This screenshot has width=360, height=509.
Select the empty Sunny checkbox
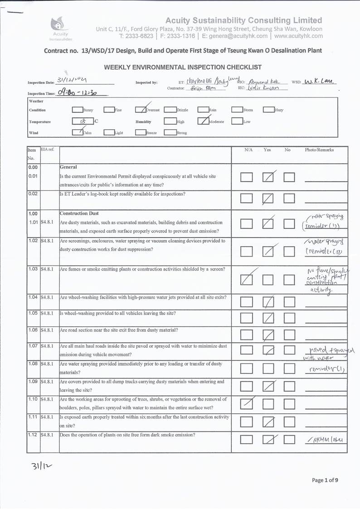pyautogui.click(x=77, y=110)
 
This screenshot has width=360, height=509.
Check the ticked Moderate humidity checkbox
pyautogui.click(x=203, y=121)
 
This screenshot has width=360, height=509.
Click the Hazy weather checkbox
pyautogui.click(x=268, y=110)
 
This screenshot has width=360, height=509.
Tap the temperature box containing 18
pyautogui.click(x=82, y=121)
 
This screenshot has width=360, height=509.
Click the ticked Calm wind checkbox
pyautogui.click(x=77, y=132)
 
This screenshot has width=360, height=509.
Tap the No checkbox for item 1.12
pyautogui.click(x=289, y=439)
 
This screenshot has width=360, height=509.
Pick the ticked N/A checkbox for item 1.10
pyautogui.click(x=246, y=403)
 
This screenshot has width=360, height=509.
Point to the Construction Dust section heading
pyautogui.click(x=79, y=213)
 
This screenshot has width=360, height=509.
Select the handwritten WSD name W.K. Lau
pyautogui.click(x=320, y=82)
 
